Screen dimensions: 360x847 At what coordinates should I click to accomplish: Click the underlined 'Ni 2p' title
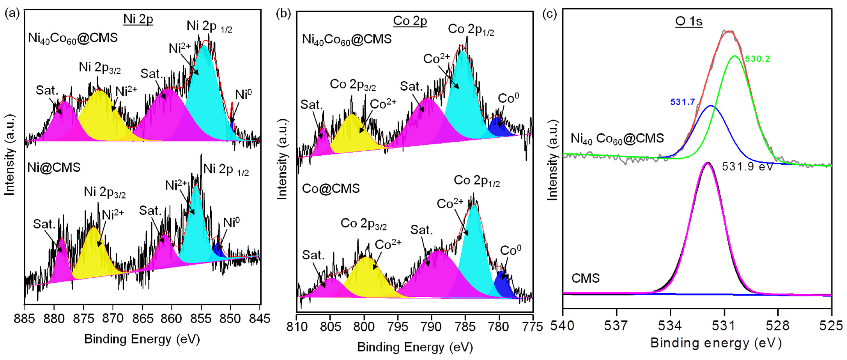[x=138, y=19]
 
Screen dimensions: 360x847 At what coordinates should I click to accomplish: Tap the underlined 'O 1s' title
[x=689, y=21]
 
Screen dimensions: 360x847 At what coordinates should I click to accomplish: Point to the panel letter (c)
[x=549, y=14]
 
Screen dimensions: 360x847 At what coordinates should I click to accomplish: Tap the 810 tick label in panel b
[x=297, y=327]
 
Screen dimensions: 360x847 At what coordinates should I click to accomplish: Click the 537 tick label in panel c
[x=616, y=326]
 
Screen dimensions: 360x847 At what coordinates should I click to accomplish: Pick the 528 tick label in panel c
[x=778, y=326]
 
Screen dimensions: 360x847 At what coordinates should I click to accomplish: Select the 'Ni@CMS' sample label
[x=54, y=168]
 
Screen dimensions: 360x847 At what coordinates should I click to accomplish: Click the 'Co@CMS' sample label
[x=331, y=189]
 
